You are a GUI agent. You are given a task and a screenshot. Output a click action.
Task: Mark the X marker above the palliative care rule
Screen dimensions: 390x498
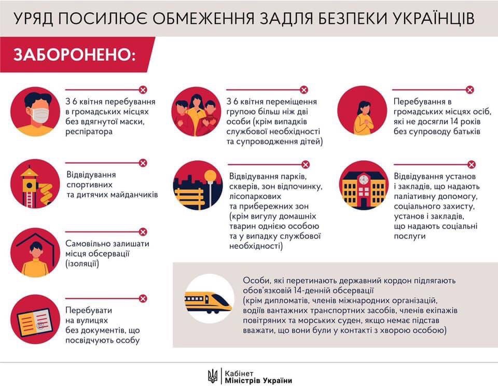coord(472,165)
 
